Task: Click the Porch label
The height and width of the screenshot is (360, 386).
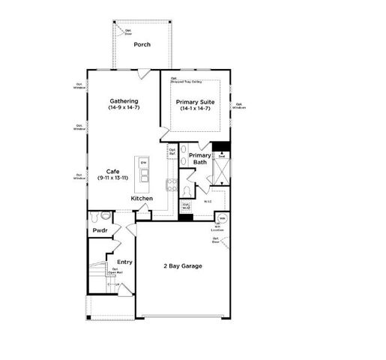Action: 142,44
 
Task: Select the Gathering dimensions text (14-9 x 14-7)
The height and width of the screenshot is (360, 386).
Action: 123,108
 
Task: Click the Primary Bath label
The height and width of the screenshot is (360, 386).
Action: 199,158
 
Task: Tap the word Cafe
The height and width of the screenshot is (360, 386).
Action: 112,170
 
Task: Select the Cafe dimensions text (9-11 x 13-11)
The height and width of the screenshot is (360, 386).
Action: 112,178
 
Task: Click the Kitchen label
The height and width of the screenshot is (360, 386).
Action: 142,198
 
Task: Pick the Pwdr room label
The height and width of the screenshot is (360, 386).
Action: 100,231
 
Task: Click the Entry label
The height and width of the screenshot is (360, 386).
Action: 124,262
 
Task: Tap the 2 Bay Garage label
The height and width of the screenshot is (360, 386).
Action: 183,266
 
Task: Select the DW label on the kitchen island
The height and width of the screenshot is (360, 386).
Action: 143,162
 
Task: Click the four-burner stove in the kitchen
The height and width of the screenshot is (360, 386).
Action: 170,187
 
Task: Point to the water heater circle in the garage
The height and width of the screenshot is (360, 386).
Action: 222,219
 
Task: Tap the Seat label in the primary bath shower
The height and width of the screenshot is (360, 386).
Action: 220,156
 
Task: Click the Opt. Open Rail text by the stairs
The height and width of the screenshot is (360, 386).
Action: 117,271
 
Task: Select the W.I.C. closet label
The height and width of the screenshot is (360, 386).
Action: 208,201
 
